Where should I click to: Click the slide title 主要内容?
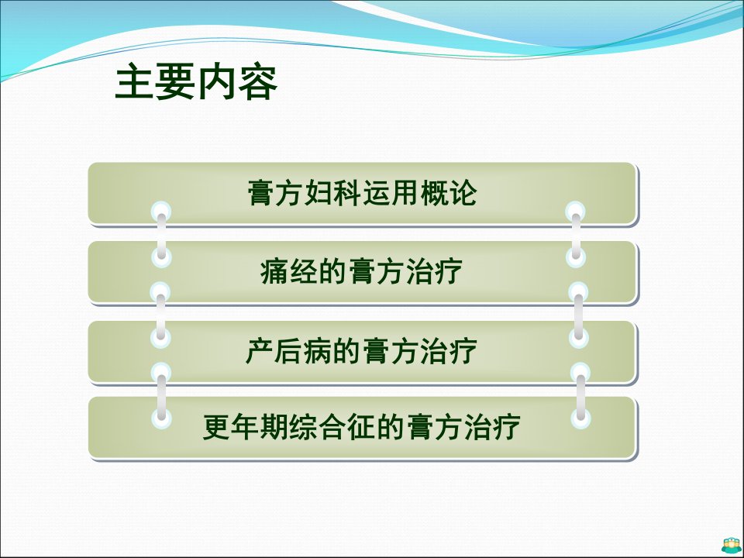tap(196, 82)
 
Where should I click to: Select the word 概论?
tap(449, 193)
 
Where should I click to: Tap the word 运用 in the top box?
tap(390, 193)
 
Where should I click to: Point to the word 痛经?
tap(288, 272)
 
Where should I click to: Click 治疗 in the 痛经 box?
tap(434, 272)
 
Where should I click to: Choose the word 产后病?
tap(288, 352)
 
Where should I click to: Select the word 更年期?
tap(246, 427)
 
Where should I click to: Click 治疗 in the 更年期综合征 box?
tap(492, 427)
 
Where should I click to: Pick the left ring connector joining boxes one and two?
tap(161, 235)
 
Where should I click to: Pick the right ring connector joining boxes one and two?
tap(576, 235)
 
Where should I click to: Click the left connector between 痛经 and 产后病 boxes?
tap(160, 315)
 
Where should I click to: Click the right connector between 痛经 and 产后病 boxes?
tap(578, 315)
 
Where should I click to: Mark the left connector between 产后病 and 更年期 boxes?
tap(161, 396)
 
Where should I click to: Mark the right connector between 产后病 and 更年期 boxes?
tap(580, 396)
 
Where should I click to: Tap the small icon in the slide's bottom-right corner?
tap(731, 546)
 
